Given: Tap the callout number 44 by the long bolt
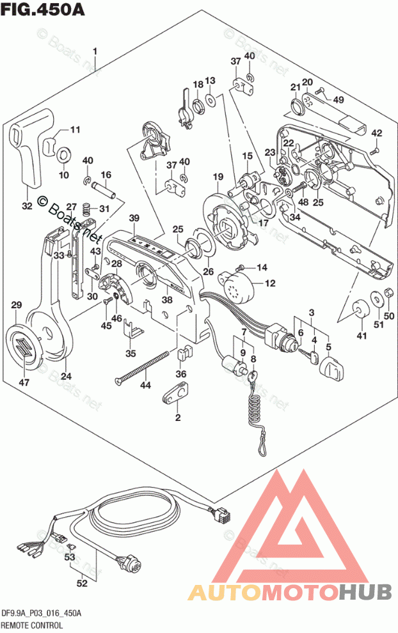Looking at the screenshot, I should pyautogui.click(x=146, y=385).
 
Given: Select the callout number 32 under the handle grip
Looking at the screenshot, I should pyautogui.click(x=26, y=206).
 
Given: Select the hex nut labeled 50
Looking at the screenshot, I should pyautogui.click(x=387, y=295).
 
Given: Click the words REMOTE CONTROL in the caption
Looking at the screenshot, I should pyautogui.click(x=31, y=624).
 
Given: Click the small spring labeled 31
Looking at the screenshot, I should pyautogui.click(x=90, y=208).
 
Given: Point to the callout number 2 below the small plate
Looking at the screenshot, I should pyautogui.click(x=177, y=418).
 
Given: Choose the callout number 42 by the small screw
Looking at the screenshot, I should pyautogui.click(x=376, y=133).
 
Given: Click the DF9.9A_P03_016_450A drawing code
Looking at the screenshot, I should pyautogui.click(x=41, y=613).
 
